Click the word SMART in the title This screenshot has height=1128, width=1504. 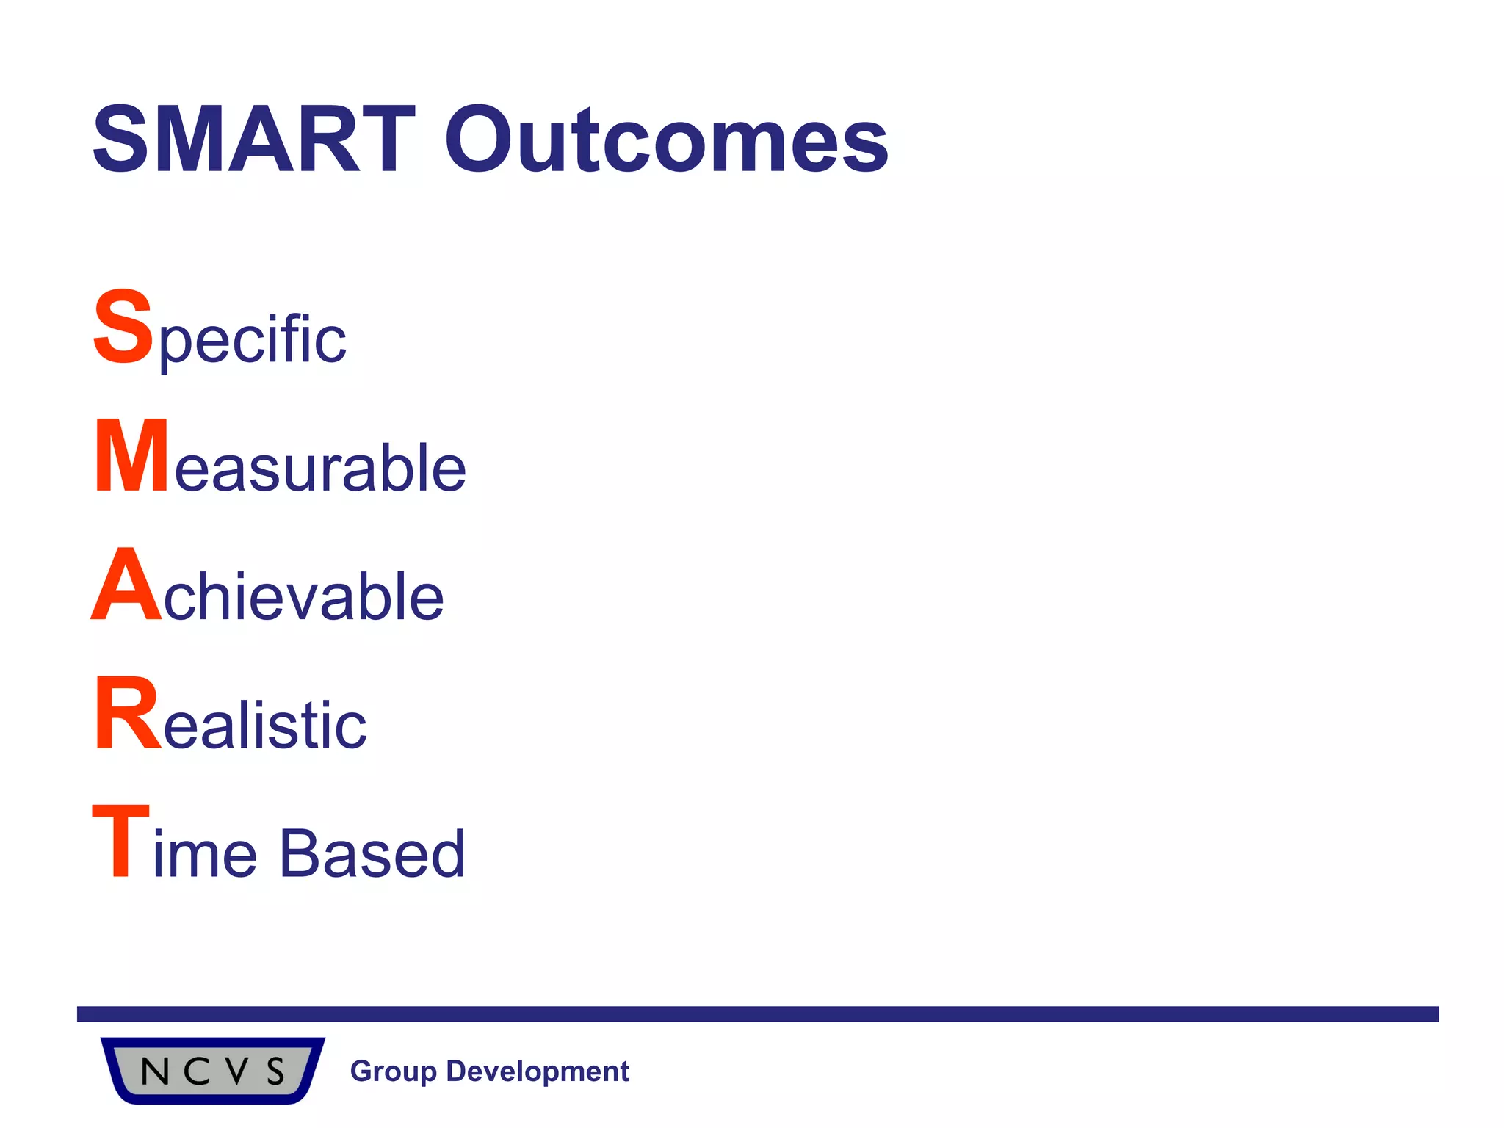[x=253, y=140]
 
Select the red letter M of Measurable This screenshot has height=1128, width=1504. [x=131, y=456]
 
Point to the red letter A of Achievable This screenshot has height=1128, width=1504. [x=126, y=585]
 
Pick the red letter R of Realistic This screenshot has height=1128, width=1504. [x=126, y=714]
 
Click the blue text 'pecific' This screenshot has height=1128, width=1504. [x=252, y=340]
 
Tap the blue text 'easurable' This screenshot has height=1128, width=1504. [x=320, y=468]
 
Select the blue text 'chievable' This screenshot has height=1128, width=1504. [x=303, y=596]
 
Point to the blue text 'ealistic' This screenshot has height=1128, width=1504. [x=264, y=726]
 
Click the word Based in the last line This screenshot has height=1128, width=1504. [x=372, y=853]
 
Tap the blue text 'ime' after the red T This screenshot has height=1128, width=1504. [x=205, y=853]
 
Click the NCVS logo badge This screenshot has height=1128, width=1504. [x=212, y=1070]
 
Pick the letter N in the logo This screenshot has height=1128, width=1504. [x=154, y=1072]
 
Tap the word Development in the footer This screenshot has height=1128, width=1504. [x=538, y=1071]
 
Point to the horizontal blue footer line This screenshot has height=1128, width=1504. [x=757, y=1014]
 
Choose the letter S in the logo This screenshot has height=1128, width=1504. [x=275, y=1072]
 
